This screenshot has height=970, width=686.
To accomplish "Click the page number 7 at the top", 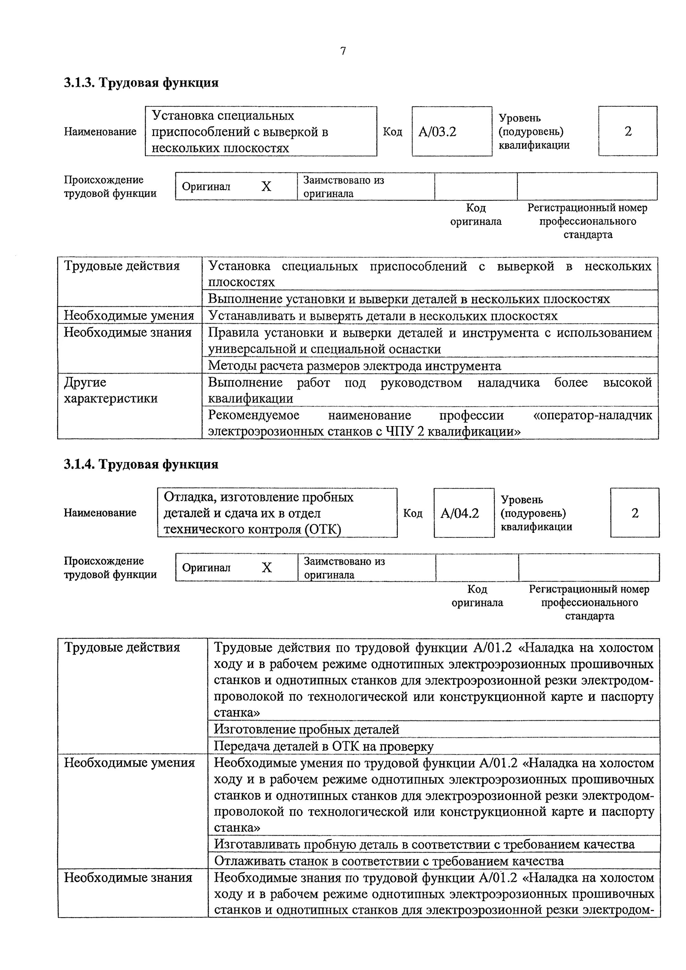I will pyautogui.click(x=343, y=51).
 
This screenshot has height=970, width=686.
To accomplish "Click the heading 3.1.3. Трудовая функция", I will pyautogui.click(x=141, y=82).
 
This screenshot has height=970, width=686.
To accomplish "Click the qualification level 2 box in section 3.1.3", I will pyautogui.click(x=628, y=131).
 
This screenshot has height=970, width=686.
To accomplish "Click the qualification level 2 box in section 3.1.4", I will pyautogui.click(x=635, y=513).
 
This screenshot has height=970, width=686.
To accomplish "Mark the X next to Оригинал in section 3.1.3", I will pyautogui.click(x=266, y=186).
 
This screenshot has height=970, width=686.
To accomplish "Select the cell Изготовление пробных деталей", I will pyautogui.click(x=306, y=729).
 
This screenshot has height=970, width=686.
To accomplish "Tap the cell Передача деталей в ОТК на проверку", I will pyautogui.click(x=323, y=746).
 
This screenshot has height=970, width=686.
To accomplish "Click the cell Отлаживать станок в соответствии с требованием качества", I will pyautogui.click(x=388, y=861).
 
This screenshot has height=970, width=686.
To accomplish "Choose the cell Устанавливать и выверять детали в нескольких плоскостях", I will pyautogui.click(x=383, y=316).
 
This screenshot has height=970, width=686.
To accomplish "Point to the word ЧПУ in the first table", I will pyautogui.click(x=399, y=431).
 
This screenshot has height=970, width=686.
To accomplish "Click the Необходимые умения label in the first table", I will pyautogui.click(x=129, y=316).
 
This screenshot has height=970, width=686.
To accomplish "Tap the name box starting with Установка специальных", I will pyautogui.click(x=261, y=131).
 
